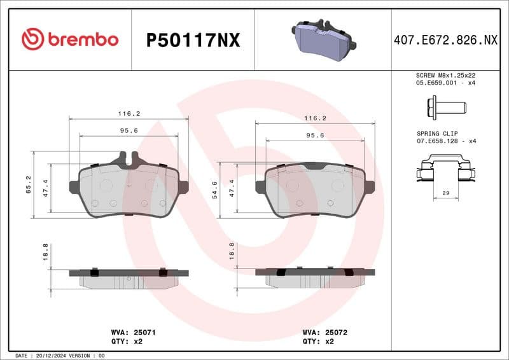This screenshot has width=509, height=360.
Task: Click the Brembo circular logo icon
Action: (32, 39)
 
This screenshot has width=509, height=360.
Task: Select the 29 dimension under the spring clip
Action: (445, 191)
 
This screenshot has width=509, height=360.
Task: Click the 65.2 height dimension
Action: (29, 185)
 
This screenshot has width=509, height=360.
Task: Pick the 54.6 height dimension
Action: (214, 189)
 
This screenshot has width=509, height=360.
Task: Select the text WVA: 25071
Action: (129, 332)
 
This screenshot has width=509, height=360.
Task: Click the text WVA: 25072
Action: (324, 332)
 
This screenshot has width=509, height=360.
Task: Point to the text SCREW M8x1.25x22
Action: (445, 75)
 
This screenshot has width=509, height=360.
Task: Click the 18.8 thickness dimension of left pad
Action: (45, 253)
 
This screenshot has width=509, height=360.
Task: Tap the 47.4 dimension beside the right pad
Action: (232, 189)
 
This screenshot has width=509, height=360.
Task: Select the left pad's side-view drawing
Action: (129, 277)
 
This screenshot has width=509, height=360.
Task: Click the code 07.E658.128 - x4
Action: (445, 141)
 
